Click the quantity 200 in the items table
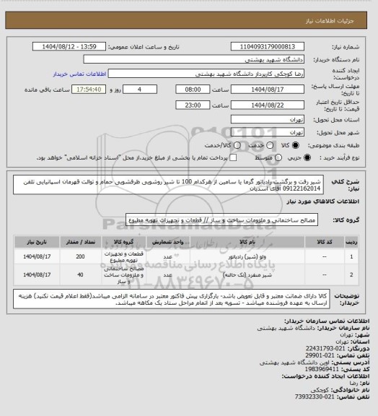(x=80, y=256)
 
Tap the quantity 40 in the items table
(x=80, y=275)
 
